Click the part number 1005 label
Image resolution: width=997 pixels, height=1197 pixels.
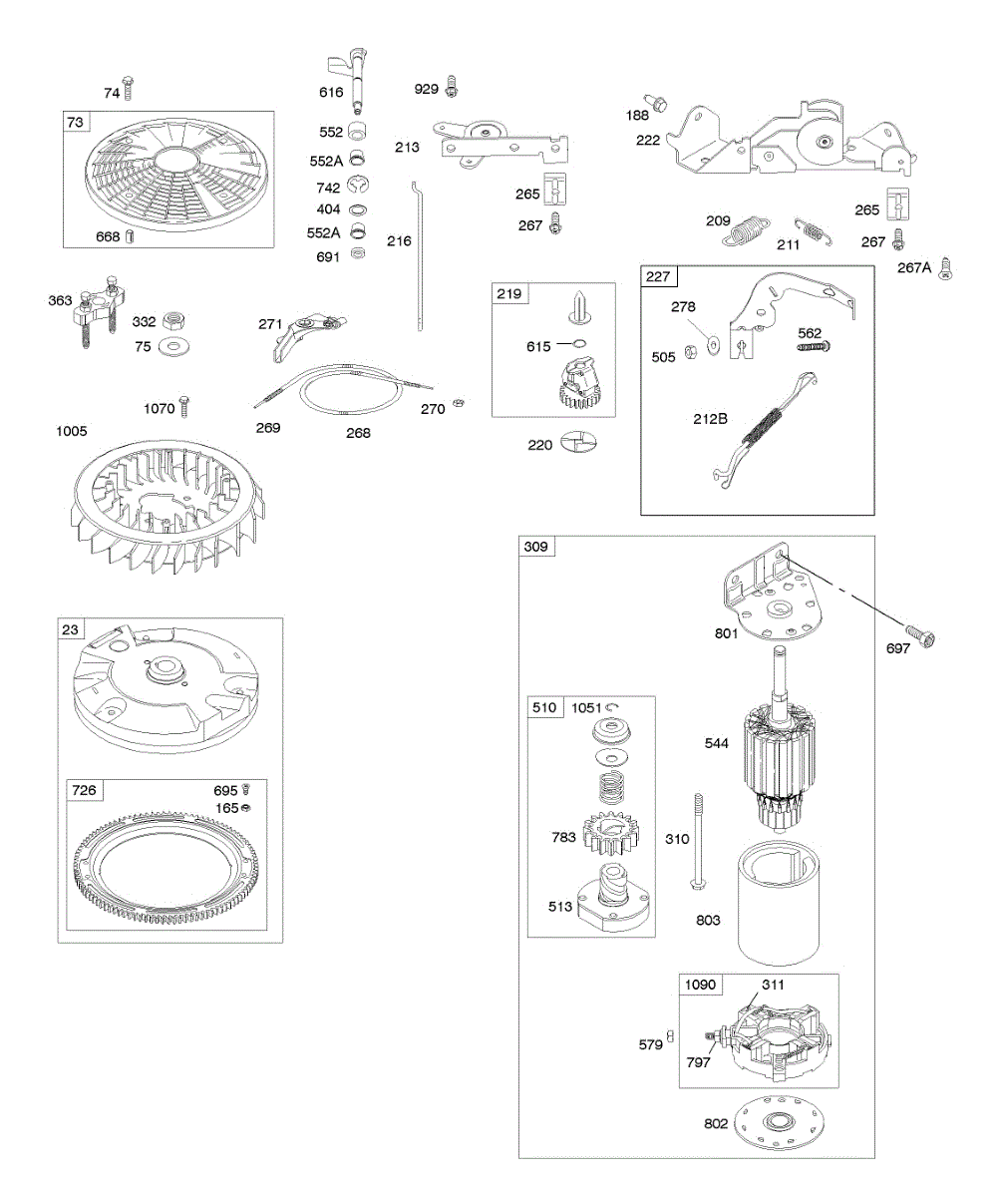(x=73, y=432)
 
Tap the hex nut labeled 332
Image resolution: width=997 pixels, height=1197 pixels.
(x=173, y=321)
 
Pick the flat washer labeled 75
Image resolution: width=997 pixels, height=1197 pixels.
(x=177, y=346)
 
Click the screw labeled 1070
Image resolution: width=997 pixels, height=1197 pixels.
(x=183, y=407)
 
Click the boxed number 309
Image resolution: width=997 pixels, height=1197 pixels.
(x=536, y=548)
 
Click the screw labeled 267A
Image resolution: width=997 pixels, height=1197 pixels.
(x=945, y=267)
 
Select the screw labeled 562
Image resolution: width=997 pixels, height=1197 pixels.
(x=813, y=346)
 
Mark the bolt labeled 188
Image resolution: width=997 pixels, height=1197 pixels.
(x=657, y=101)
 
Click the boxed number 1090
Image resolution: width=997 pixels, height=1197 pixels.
(x=700, y=985)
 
